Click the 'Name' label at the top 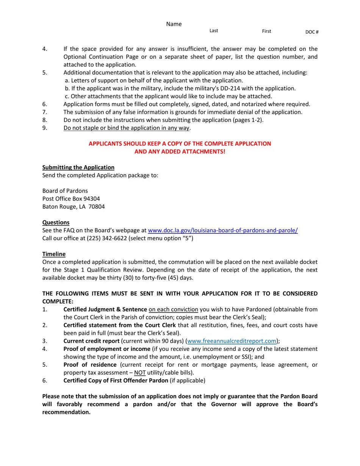pyautogui.click(x=174, y=24)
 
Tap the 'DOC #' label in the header pyautogui.click(x=312, y=32)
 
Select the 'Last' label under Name pyautogui.click(x=214, y=31)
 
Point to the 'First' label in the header pyautogui.click(x=266, y=31)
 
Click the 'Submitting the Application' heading pyautogui.click(x=78, y=167)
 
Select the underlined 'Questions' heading pyautogui.click(x=56, y=222)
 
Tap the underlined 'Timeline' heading pyautogui.click(x=54, y=254)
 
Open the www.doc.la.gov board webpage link pyautogui.click(x=222, y=230)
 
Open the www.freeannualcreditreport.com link pyautogui.click(x=232, y=341)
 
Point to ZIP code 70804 pyautogui.click(x=97, y=207)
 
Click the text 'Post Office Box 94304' pyautogui.click(x=71, y=199)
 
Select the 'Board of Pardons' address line pyautogui.click(x=65, y=191)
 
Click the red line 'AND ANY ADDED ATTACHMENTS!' pyautogui.click(x=180, y=152)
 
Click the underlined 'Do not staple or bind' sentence pyautogui.click(x=127, y=128)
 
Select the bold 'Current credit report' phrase pyautogui.click(x=91, y=341)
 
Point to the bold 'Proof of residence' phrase pyautogui.click(x=90, y=365)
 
